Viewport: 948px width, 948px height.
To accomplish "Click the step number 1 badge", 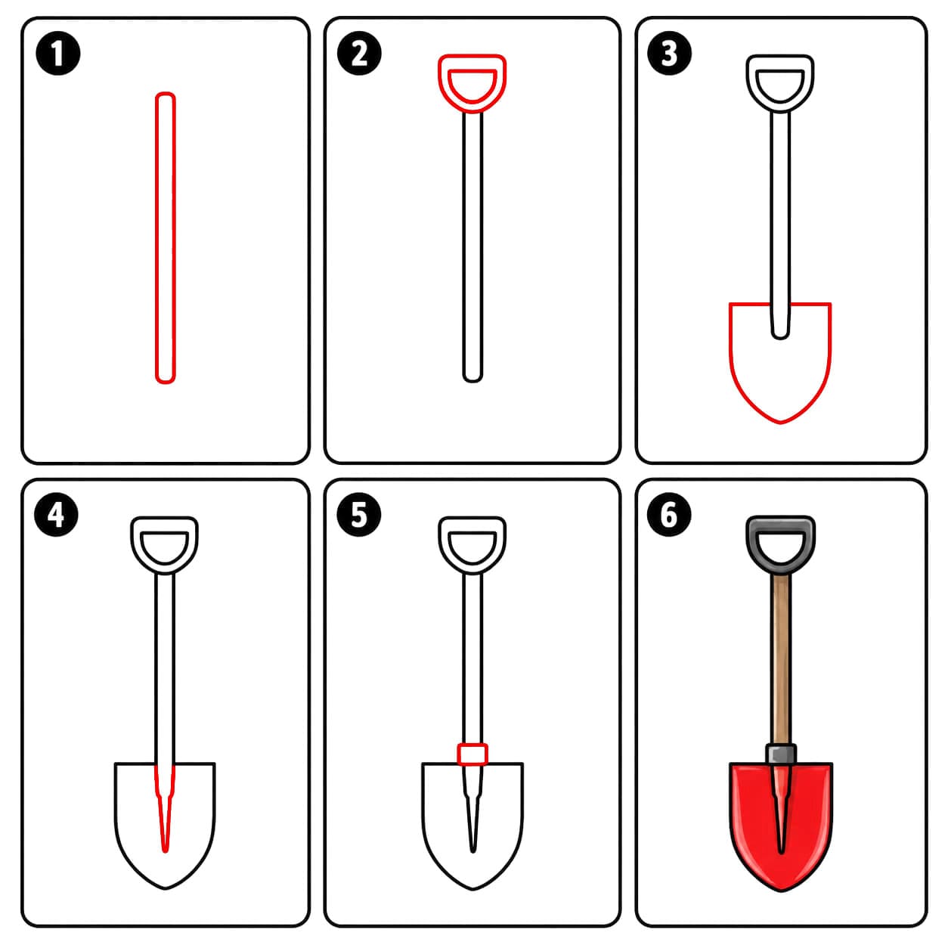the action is pos(58,53).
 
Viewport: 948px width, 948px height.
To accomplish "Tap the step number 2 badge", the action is pos(359,53).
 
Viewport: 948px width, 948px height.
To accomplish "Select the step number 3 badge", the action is pos(669,53).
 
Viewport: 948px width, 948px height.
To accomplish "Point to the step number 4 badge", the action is pos(56,515).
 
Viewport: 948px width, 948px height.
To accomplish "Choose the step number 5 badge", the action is pos(359,515).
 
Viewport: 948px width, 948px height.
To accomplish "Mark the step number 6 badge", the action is pos(669,515).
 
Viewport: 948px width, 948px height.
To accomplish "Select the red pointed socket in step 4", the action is pos(165,807).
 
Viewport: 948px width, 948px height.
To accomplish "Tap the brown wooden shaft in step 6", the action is pos(781,659).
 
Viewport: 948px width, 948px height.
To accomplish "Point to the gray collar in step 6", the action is pos(781,754).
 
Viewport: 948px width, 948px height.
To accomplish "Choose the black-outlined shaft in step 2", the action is pos(472,246).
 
